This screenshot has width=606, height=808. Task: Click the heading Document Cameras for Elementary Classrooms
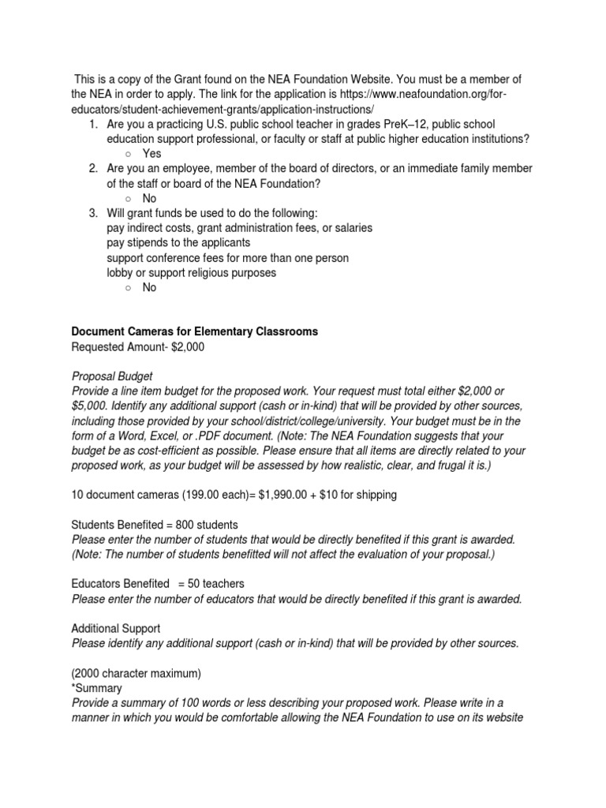click(x=195, y=331)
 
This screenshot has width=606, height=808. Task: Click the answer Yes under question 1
click(x=151, y=153)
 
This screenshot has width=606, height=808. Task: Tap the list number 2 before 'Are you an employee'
click(x=92, y=168)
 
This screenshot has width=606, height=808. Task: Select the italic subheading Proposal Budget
click(x=112, y=376)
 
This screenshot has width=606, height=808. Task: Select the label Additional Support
click(x=116, y=628)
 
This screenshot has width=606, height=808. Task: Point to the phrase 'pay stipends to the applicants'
click(x=178, y=242)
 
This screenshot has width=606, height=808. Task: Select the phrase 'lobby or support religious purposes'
click(x=192, y=272)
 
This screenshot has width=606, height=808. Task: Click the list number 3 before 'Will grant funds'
click(x=92, y=213)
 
